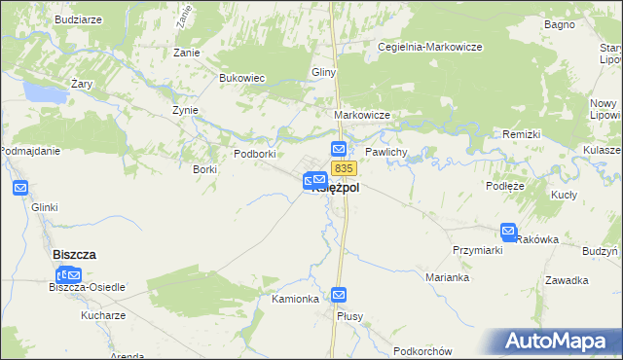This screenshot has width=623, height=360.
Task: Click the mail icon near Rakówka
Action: (508, 232)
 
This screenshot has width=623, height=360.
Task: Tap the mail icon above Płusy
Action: (339, 294)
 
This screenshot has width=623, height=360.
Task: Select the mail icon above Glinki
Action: (20, 188)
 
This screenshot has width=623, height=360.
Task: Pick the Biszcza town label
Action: (73, 254)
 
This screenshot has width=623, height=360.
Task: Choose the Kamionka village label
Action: (296, 299)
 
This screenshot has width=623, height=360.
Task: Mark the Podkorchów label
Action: (423, 351)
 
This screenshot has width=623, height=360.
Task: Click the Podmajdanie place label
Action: (31, 151)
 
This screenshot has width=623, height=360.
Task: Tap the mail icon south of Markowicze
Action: (339, 149)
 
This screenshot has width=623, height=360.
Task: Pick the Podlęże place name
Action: (505, 185)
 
